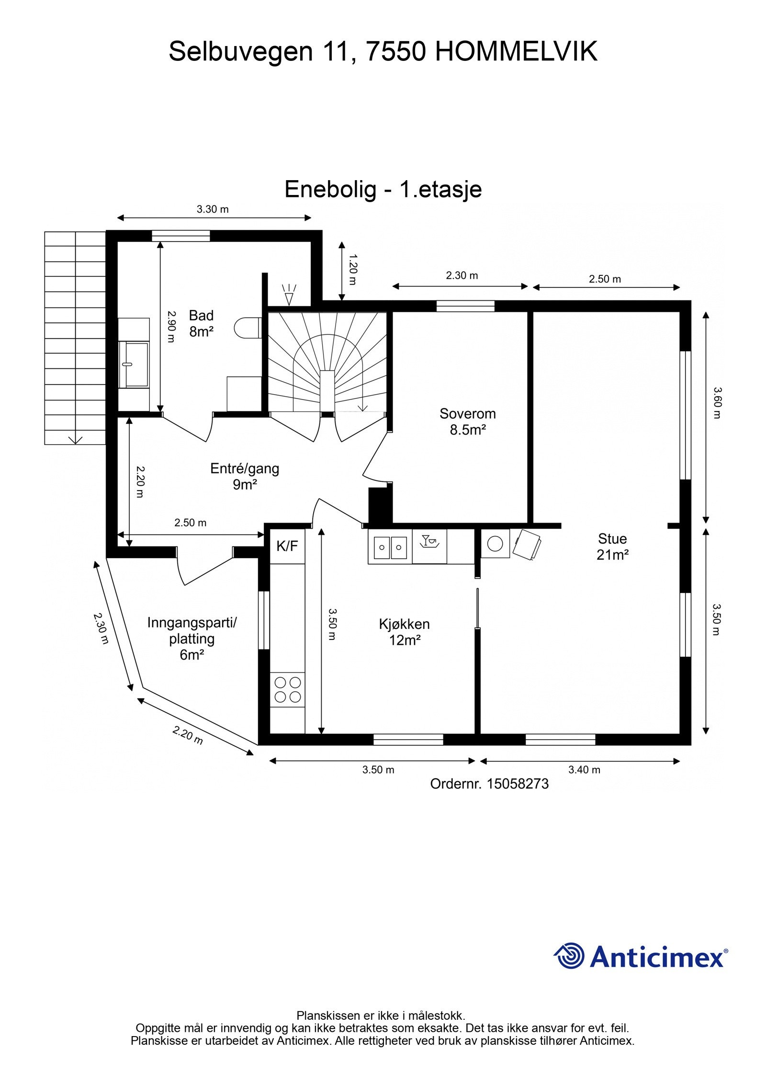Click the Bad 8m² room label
[201, 323]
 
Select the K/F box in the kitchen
[287, 546]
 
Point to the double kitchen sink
[390, 548]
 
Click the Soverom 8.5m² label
[467, 422]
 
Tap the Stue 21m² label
[612, 547]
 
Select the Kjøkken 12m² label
[404, 632]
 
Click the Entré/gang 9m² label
[245, 476]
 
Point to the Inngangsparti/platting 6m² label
[192, 639]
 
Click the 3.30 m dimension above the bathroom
[213, 209]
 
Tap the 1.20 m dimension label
[352, 270]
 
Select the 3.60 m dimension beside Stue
[716, 403]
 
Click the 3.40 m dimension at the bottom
[584, 770]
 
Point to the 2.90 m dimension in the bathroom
[171, 326]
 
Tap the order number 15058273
[518, 784]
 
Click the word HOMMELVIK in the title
[516, 51]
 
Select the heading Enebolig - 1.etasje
[383, 189]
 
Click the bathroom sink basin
[134, 364]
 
